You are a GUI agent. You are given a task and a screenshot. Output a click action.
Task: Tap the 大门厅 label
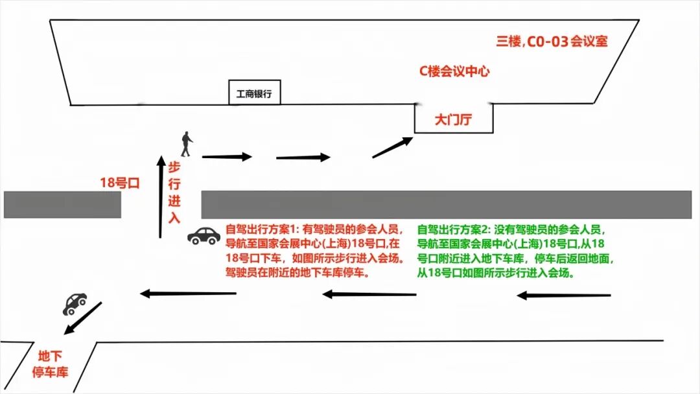tap(454, 119)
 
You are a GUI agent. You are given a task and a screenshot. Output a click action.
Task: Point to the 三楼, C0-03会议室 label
tap(552, 42)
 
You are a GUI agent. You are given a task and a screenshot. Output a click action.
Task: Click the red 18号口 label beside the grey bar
tap(120, 183)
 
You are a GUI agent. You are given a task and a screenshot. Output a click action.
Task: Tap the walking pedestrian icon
tap(187, 144)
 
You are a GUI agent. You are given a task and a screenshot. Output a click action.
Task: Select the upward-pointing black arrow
tap(161, 195)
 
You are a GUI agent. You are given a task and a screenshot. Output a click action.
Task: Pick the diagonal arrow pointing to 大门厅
tap(393, 147)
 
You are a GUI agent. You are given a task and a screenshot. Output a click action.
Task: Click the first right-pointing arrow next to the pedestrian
tap(227, 156)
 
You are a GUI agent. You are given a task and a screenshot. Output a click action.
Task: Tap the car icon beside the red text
tap(204, 235)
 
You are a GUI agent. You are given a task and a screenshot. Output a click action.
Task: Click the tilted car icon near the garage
tap(75, 303)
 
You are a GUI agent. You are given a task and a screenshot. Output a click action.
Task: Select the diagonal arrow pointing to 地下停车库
tap(83, 319)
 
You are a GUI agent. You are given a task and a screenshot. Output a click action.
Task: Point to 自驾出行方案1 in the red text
tap(260, 229)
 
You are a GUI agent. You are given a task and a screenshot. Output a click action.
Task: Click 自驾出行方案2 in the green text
tap(453, 229)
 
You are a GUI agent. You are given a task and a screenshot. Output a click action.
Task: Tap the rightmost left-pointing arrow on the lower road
tap(564, 296)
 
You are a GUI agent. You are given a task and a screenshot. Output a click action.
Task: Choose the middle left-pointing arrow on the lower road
tap(369, 295)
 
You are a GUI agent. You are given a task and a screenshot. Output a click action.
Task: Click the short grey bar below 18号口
tap(62, 205)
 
